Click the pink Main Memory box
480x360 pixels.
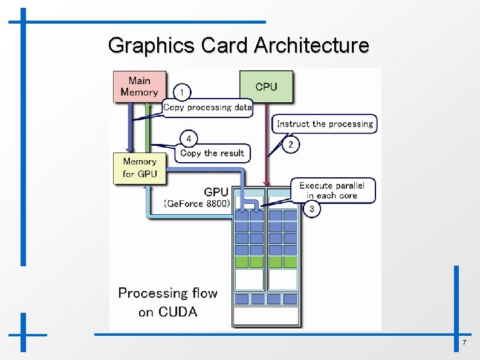pyautogui.click(x=139, y=87)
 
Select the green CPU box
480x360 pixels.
pyautogui.click(x=266, y=87)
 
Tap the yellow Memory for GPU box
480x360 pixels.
pyautogui.click(x=140, y=168)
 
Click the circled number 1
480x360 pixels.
pyautogui.click(x=182, y=92)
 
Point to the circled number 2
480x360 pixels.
pyautogui.click(x=291, y=145)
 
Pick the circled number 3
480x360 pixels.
pyautogui.click(x=311, y=209)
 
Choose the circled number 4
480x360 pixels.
pyautogui.click(x=189, y=139)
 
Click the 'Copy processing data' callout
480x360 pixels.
pyautogui.click(x=207, y=108)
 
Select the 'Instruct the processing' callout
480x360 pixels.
pyautogui.click(x=325, y=124)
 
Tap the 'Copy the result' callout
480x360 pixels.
pyautogui.click(x=212, y=153)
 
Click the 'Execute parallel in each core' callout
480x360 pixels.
pyautogui.click(x=332, y=191)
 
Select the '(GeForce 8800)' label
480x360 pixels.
pyautogui.click(x=197, y=204)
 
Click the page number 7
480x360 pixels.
pyautogui.click(x=464, y=344)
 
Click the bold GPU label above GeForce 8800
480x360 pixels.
pyautogui.click(x=216, y=192)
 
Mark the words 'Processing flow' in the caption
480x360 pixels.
pyautogui.click(x=167, y=293)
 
